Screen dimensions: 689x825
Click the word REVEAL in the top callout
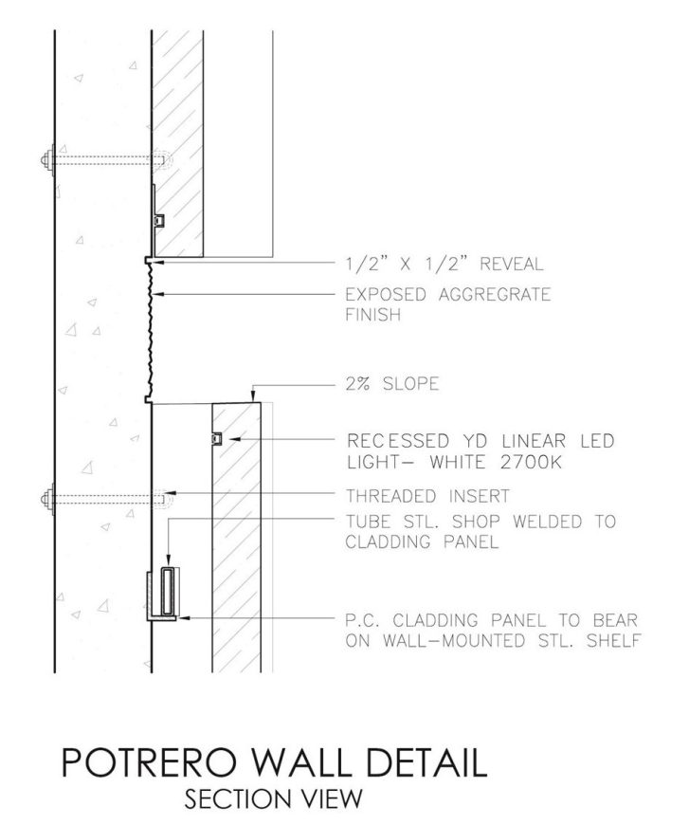click(511, 264)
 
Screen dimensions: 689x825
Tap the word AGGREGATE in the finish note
click(495, 295)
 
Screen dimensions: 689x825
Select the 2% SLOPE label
click(392, 383)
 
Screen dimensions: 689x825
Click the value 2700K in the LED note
click(531, 463)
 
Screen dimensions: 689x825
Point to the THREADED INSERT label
click(427, 496)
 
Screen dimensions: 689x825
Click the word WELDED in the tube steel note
click(548, 522)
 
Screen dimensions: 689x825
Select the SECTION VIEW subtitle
click(274, 798)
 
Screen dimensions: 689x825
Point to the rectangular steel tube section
click(168, 591)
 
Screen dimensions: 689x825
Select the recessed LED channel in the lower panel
click(216, 438)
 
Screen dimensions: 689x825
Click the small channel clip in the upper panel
click(159, 220)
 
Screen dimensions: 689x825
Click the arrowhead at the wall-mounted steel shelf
click(184, 617)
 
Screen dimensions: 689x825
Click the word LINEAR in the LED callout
click(534, 440)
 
